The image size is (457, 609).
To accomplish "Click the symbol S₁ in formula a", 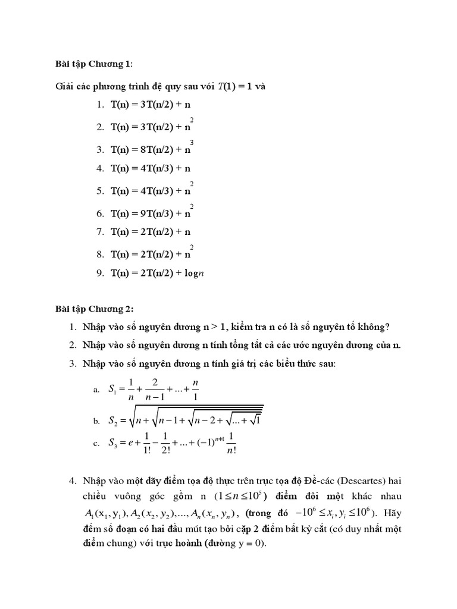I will [113, 390].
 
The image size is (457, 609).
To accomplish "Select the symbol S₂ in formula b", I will [114, 421].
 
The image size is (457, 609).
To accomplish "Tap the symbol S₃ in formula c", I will [114, 442].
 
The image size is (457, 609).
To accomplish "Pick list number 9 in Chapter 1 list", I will [100, 274].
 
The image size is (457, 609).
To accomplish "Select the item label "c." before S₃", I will [96, 444].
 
